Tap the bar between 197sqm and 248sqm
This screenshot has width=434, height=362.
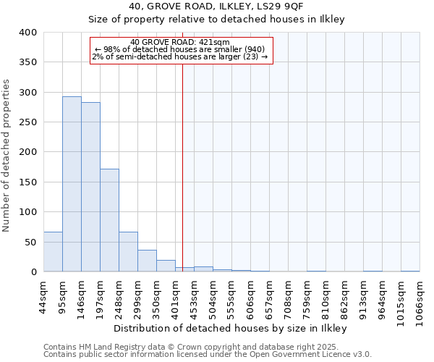click(109, 220)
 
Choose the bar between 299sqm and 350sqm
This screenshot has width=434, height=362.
click(147, 261)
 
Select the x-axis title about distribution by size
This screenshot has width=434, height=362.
click(231, 329)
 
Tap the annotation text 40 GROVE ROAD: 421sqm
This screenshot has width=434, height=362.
click(181, 42)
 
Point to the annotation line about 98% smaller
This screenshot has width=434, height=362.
click(181, 49)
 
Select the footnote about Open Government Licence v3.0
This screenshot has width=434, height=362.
click(208, 355)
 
